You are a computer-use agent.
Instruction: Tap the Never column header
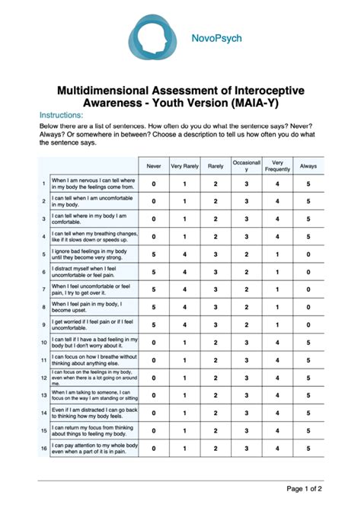coord(154,165)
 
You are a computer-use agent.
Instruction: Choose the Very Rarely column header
coord(184,165)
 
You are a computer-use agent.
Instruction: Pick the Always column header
coord(308,165)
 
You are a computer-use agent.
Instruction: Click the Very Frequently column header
coord(278,165)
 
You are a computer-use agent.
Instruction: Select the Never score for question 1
coord(154,184)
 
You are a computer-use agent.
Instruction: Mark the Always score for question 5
coord(308,254)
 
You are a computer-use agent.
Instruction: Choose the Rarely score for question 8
coord(216,307)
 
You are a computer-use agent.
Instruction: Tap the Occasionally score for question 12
coord(247,377)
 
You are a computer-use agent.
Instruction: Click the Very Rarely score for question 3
coord(184,219)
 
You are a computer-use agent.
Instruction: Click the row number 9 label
coord(44,324)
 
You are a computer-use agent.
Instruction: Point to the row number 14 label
coord(44,413)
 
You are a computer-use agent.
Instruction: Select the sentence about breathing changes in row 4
coord(94,236)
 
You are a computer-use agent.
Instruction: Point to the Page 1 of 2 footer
coord(309,488)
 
